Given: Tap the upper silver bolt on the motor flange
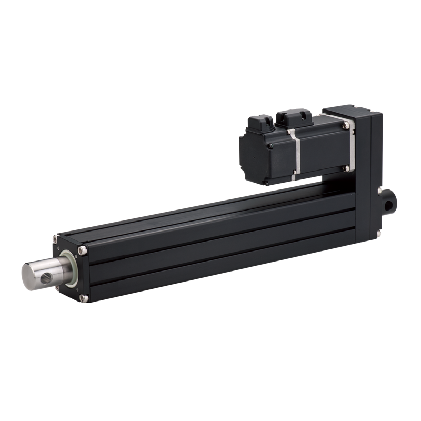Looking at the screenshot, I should click(x=346, y=125).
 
